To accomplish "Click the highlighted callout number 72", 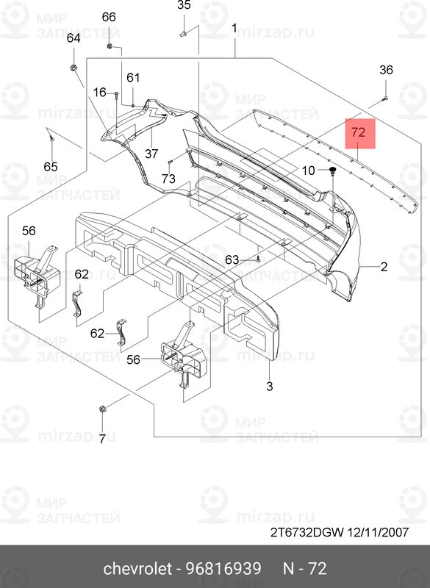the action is click(x=359, y=133).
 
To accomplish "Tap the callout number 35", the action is click(x=184, y=5).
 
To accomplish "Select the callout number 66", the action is click(x=109, y=17).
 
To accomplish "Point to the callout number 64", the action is click(x=74, y=38).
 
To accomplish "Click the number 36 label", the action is click(x=386, y=70).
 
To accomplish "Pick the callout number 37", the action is click(x=151, y=154).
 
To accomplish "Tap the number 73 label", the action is click(x=169, y=179).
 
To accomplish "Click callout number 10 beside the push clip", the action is click(x=309, y=171).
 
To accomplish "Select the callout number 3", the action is click(x=270, y=387).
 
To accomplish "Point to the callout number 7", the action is click(x=102, y=439).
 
